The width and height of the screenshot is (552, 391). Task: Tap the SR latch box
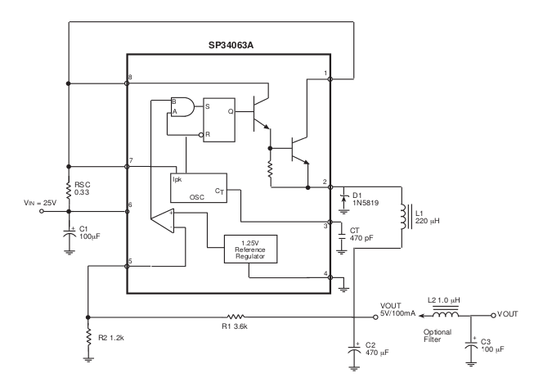click(223, 118)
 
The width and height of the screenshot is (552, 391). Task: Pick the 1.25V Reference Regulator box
click(249, 249)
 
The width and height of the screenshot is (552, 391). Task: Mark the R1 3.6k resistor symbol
click(235, 317)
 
